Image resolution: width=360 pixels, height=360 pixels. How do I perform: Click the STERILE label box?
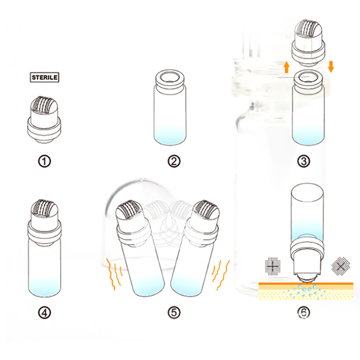click(45, 77)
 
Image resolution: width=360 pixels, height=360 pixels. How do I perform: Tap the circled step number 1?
click(44, 161)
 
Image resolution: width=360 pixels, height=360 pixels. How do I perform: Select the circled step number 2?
click(174, 161)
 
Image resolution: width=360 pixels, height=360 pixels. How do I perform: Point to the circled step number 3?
click(303, 161)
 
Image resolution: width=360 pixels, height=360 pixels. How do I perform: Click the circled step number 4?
click(44, 312)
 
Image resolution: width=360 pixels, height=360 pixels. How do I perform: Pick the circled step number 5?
click(174, 312)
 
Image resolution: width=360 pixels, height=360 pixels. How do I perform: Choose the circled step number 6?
click(303, 312)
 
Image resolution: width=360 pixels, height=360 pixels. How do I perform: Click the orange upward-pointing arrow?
click(286, 67)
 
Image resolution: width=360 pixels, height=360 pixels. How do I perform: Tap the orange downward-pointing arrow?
click(331, 67)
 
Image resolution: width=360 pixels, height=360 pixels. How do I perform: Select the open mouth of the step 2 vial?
click(170, 77)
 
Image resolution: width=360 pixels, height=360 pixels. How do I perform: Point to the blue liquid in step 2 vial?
click(170, 135)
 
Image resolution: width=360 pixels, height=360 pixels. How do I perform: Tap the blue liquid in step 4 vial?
click(45, 287)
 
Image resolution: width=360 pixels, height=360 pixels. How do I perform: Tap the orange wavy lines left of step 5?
click(114, 273)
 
